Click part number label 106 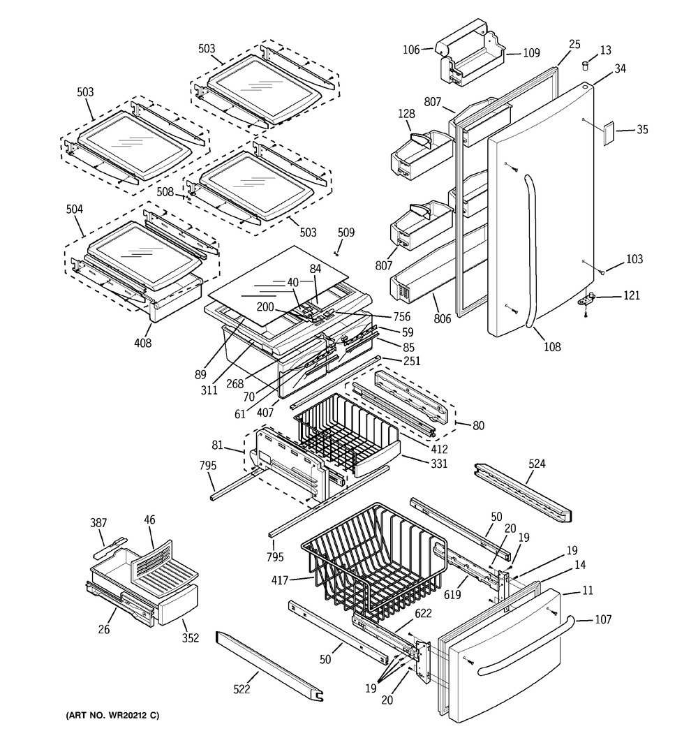coord(411,50)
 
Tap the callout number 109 coord(531,53)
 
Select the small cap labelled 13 coord(586,65)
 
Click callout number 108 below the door coord(552,347)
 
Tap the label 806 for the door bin coord(442,318)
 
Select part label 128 coord(406,114)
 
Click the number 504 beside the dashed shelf coord(74,209)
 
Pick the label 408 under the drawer coord(142,343)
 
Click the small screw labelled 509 coord(336,252)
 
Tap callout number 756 coord(402,317)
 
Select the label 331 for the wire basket coord(439,463)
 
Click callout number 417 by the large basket coord(280,580)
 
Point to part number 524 coord(537,463)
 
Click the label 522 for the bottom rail coord(242,688)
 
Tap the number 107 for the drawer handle coord(603,619)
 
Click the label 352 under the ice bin coord(191,638)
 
